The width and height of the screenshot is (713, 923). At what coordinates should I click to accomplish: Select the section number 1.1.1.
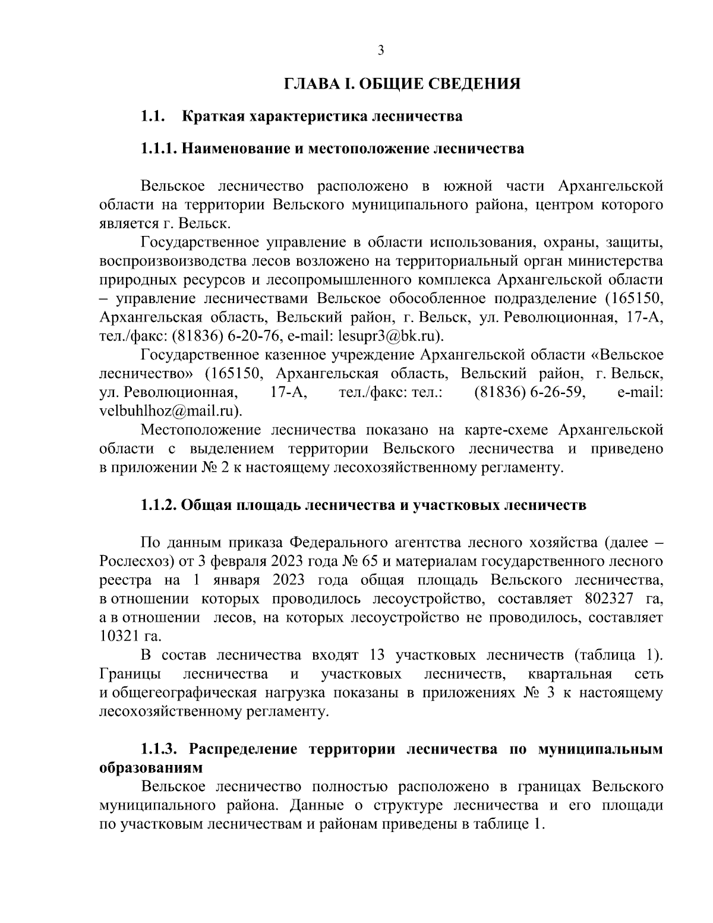(x=159, y=148)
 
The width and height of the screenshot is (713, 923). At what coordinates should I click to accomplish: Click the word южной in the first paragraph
(x=468, y=187)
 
